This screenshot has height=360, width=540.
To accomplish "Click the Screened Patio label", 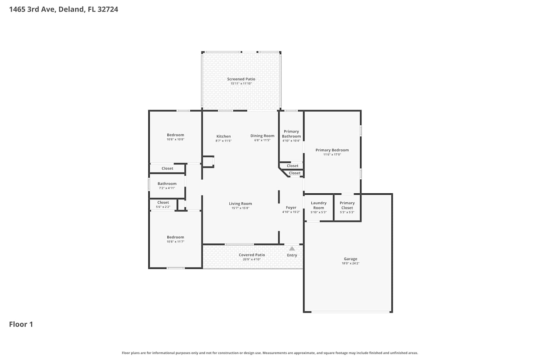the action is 241,79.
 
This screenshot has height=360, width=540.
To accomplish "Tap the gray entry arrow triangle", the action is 292,249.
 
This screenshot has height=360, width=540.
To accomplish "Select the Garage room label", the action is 351,259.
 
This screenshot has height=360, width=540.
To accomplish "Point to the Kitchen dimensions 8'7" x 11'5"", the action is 224,141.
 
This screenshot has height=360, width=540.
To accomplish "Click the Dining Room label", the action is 262,136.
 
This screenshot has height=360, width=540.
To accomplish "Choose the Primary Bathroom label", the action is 291,134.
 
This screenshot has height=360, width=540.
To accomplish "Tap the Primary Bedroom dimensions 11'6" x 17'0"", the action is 332,154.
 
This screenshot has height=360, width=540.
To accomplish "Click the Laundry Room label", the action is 319,206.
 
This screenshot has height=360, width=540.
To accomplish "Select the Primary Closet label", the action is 347,206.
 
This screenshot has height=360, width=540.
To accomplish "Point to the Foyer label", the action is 291,208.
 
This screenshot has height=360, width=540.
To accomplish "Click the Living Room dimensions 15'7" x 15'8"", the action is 240,208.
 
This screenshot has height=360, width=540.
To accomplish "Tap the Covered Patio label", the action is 252,255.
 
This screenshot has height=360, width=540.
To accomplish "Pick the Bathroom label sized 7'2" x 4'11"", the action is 167,184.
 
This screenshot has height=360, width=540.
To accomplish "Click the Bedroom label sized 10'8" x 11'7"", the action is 175,237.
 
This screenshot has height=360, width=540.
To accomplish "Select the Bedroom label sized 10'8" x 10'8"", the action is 175,135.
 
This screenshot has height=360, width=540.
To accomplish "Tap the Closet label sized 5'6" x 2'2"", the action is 163,203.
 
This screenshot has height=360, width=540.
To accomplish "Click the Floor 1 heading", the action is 21,324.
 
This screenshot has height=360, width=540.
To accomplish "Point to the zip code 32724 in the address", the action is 108,9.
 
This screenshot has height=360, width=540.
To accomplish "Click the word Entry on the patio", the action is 292,255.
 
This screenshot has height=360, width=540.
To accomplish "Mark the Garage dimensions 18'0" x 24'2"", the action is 351,263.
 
